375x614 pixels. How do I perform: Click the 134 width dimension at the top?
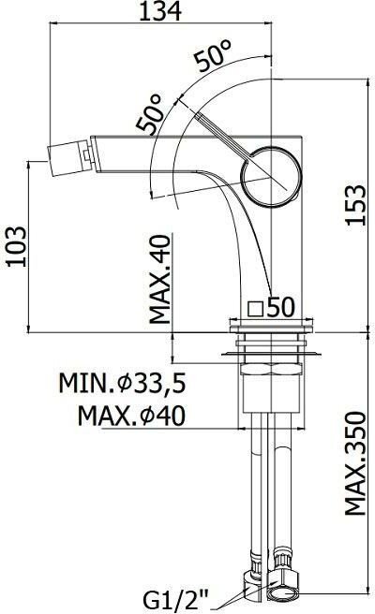click(x=160, y=11)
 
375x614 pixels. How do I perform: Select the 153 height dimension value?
click(x=355, y=205)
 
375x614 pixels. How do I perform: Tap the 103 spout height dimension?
click(x=17, y=246)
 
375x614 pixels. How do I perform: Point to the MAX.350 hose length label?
click(x=355, y=463)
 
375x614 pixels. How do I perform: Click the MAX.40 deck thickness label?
click(x=161, y=279)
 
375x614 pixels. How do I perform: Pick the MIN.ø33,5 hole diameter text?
click(x=122, y=383)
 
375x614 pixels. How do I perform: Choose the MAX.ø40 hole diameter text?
click(x=131, y=416)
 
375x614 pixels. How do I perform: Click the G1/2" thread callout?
click(x=175, y=600)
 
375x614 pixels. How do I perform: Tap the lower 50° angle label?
click(x=150, y=112)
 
